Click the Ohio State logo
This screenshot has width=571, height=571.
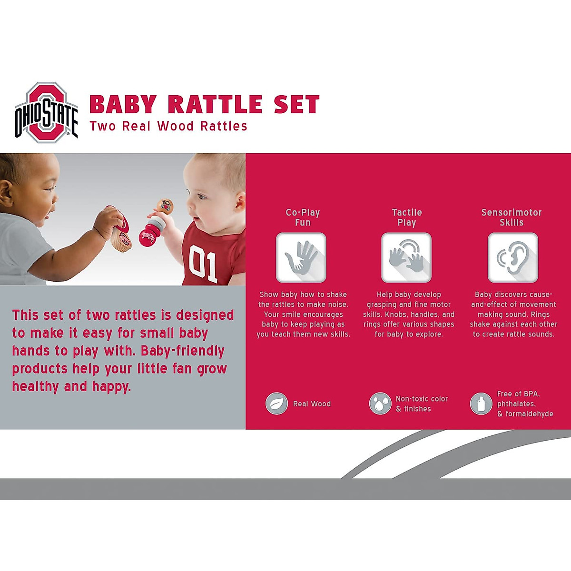(x=46, y=113)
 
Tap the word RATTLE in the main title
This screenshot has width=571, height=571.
(x=215, y=105)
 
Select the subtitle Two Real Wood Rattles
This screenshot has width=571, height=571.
(x=168, y=126)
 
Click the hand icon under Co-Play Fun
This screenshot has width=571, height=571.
(x=301, y=257)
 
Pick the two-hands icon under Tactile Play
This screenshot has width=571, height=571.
(x=406, y=257)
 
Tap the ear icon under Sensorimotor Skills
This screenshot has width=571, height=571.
(x=512, y=257)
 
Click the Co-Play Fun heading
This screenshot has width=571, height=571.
(x=303, y=217)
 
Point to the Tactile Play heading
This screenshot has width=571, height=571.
(x=407, y=217)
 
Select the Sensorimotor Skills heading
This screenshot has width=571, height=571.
(x=512, y=217)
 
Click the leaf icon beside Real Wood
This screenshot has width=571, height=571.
(x=276, y=404)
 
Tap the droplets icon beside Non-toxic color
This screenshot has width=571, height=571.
(x=380, y=404)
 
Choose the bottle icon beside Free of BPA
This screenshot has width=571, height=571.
(x=481, y=404)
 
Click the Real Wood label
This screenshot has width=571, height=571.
(x=312, y=404)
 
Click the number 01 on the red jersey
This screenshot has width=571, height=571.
(x=203, y=264)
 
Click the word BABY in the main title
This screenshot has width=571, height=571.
(x=123, y=105)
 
